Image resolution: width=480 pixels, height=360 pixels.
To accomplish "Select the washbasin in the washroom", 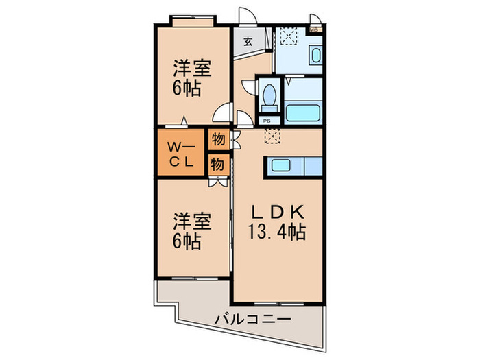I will (x=316, y=56).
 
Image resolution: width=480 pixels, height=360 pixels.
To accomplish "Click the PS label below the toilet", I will (x=268, y=121).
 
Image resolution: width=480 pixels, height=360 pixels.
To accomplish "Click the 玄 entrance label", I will (x=248, y=41).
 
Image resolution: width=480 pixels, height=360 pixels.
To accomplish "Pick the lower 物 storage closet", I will (x=217, y=164).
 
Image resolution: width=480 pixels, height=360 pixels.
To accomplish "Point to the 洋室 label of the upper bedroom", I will (x=191, y=69).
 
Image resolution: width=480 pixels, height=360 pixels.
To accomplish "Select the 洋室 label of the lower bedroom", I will (x=191, y=221).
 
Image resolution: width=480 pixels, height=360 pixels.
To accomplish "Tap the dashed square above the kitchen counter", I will (x=272, y=136).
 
